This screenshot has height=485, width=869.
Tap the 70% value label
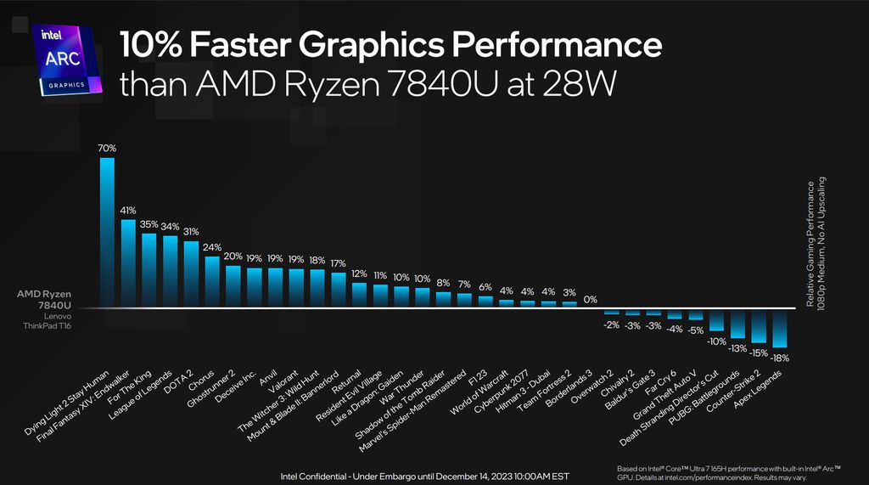107,148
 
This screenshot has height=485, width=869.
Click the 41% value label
128,210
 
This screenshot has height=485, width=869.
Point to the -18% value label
779,358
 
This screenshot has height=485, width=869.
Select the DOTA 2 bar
191,274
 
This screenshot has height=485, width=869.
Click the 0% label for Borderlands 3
590,299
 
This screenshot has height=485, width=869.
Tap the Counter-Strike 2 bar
759,325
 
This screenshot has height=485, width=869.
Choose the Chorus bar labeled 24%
212,281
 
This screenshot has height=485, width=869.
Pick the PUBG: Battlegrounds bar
738,323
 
